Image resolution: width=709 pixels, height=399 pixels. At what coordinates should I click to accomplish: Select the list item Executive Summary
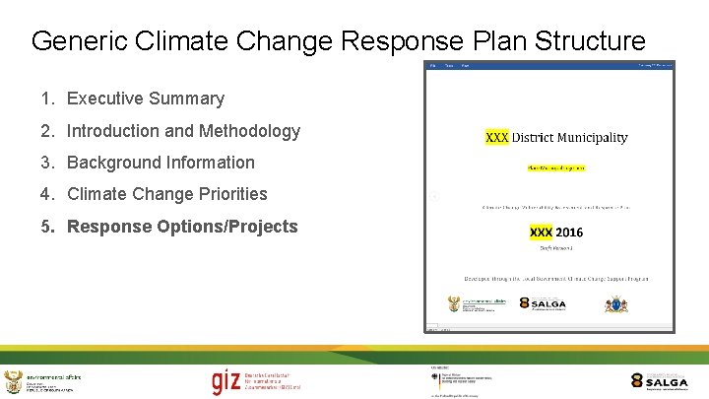[x=145, y=99]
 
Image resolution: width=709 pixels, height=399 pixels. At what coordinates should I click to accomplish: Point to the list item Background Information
[x=161, y=163]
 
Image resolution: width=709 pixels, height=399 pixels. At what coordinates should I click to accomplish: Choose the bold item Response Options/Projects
[x=181, y=227]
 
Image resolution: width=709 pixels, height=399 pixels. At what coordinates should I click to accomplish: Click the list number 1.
[x=46, y=99]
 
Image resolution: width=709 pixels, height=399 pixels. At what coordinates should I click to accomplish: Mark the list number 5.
[x=46, y=227]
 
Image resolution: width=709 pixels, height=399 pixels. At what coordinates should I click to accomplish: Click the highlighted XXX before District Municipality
[x=497, y=137]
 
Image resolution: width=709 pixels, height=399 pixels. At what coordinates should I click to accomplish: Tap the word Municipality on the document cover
[x=590, y=137]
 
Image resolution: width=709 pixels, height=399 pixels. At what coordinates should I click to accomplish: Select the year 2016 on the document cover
[x=568, y=233]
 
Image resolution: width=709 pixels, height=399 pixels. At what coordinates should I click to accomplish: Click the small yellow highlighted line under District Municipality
[x=555, y=167]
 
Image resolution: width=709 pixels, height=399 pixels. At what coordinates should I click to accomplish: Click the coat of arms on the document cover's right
[x=615, y=303]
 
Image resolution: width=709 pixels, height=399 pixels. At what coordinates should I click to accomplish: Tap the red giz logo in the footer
[x=226, y=380]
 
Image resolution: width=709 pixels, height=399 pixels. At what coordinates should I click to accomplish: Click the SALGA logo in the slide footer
[x=659, y=380]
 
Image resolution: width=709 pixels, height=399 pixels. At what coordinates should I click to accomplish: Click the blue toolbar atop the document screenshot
[x=549, y=66]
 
